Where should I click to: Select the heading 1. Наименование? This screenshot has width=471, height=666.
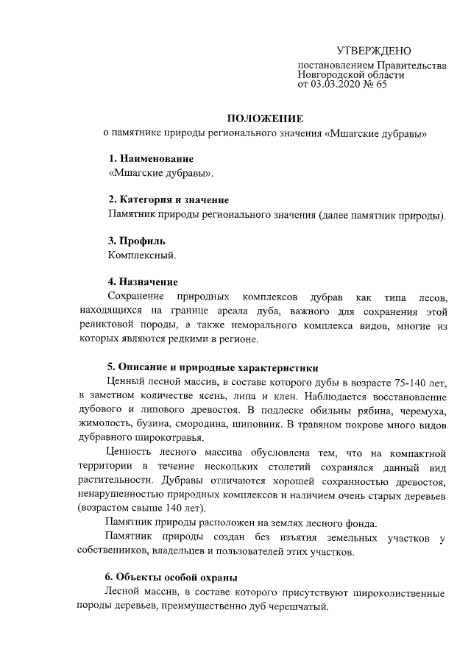point(151,159)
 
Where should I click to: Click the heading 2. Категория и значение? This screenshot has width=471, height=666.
point(169,199)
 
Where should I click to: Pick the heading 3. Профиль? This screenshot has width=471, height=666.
point(137,240)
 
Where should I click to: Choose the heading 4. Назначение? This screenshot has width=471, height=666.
point(143,281)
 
